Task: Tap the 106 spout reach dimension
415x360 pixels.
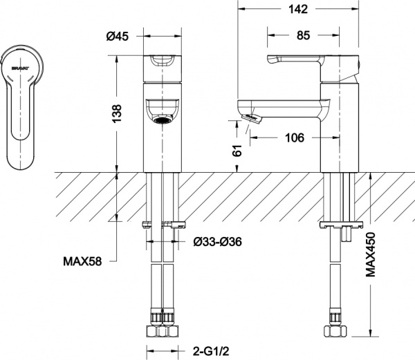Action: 295,138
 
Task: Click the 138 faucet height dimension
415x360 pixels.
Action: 117,111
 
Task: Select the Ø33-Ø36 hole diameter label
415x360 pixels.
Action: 216,241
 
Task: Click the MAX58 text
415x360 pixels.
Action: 84,262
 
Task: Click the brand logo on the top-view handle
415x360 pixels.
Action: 20,66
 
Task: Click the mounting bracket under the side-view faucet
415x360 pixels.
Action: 339,225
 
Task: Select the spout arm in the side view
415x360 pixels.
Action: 284,108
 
